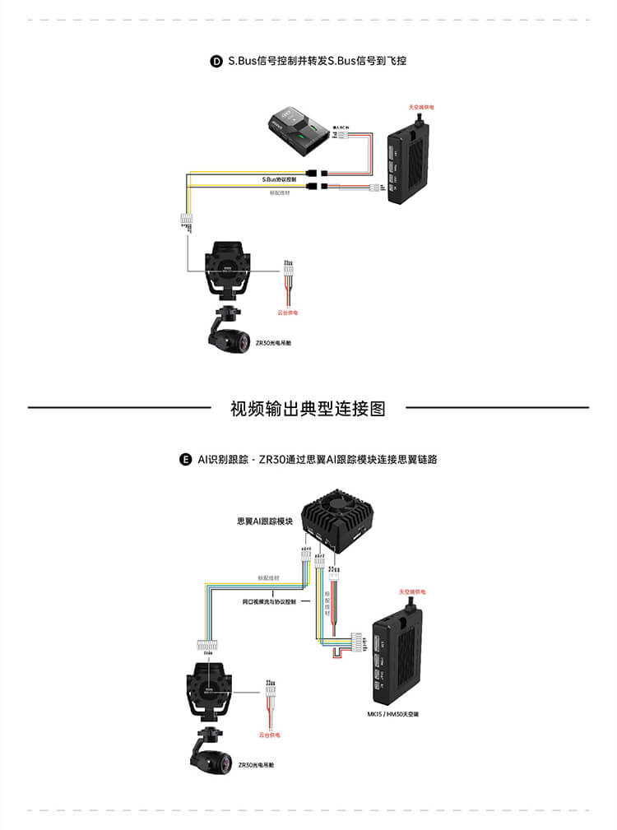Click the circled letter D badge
[x=217, y=61]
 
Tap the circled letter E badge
[x=185, y=459]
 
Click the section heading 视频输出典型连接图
[x=308, y=408]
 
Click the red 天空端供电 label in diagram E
[x=412, y=592]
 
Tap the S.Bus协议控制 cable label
[x=280, y=179]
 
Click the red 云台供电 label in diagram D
[x=287, y=313]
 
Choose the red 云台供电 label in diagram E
[x=269, y=734]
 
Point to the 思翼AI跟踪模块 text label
[x=265, y=521]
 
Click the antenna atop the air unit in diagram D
[x=423, y=121]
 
